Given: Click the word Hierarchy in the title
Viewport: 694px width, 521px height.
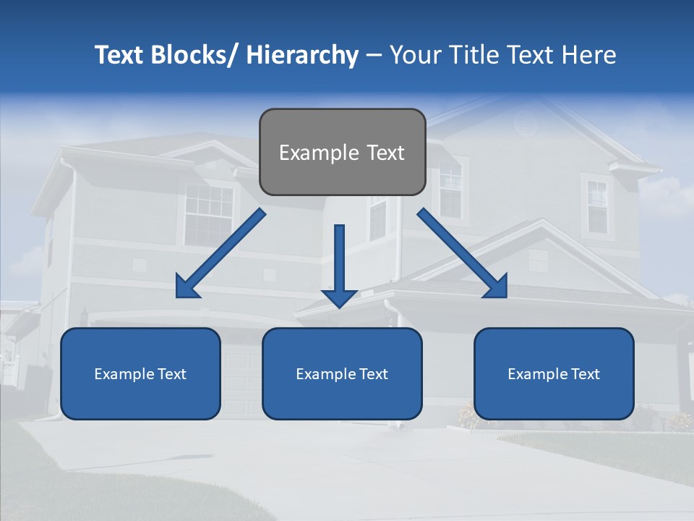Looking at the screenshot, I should [302, 55].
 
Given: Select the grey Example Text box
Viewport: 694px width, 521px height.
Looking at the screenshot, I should [342, 152].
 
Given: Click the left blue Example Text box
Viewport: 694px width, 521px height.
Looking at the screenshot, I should [140, 373].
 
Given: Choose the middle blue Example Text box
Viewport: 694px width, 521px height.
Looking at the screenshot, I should [342, 373].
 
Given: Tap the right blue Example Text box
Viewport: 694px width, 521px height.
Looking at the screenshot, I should [554, 373].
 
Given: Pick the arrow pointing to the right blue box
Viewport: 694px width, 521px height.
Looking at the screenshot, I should [462, 253].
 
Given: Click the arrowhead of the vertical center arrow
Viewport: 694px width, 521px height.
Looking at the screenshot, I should [339, 297].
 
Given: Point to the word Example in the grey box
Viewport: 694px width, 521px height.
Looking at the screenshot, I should [309, 153].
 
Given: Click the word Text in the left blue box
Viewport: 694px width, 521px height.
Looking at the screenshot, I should [171, 374].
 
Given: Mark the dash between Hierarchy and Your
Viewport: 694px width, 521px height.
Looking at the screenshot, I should [374, 55].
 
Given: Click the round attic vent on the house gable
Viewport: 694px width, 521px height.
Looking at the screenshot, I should [526, 125].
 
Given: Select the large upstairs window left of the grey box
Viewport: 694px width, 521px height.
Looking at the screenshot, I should [208, 213].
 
